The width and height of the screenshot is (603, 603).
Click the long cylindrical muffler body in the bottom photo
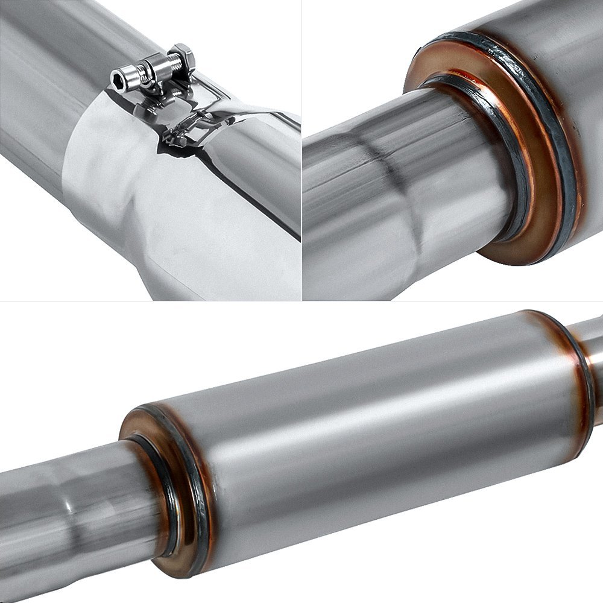coord(374,434)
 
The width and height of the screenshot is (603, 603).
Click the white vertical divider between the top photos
coord(301,151)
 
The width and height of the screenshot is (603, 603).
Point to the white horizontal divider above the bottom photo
coord(301,302)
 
